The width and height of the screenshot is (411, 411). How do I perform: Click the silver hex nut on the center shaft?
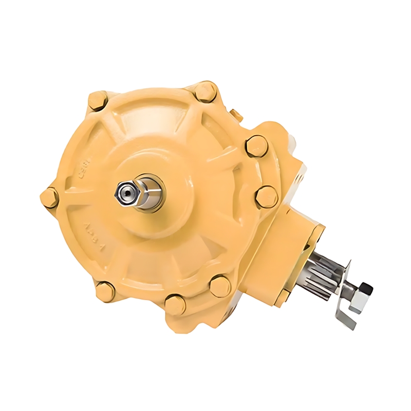click(125, 193)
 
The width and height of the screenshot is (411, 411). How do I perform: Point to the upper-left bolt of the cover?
click(98, 100)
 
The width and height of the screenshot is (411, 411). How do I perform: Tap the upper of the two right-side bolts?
click(256, 146)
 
